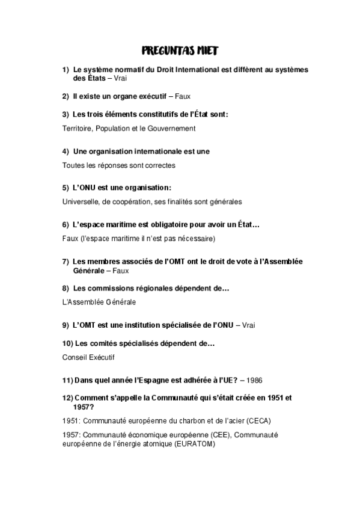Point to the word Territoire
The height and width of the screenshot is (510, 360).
point(76,128)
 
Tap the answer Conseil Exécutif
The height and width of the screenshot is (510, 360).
point(88,357)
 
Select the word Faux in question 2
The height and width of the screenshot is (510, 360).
point(183,96)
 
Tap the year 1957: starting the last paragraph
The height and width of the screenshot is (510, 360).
point(72,434)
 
